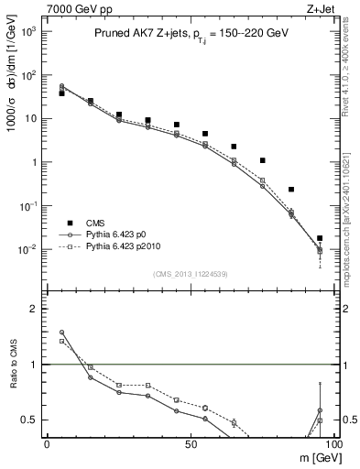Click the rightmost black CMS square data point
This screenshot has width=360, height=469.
point(320,238)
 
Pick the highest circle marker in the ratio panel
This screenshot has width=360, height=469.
point(61,333)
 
